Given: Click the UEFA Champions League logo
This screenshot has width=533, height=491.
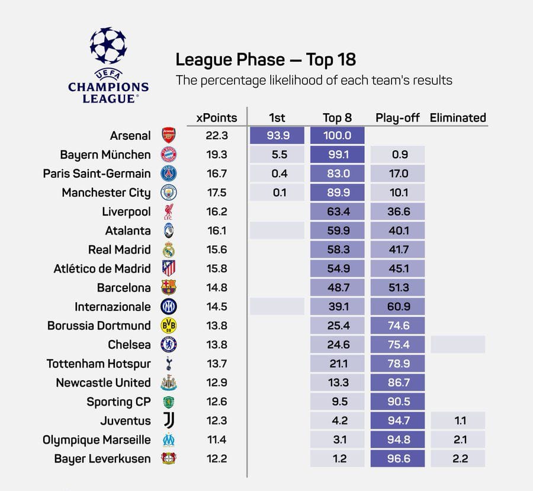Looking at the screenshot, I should (x=108, y=66).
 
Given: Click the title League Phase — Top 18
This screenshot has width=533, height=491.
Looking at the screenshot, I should (x=265, y=60).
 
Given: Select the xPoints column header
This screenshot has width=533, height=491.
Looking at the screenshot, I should (x=216, y=117).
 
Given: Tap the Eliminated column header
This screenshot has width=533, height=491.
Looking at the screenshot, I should (x=458, y=117).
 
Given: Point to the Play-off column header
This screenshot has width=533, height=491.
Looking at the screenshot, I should (x=397, y=117).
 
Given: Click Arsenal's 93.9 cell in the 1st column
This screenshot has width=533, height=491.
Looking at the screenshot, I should (x=277, y=136).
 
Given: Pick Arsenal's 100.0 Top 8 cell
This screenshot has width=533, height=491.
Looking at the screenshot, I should (x=337, y=136).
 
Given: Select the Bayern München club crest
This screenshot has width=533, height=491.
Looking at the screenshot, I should (x=169, y=155).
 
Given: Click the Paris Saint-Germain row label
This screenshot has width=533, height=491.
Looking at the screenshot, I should (x=97, y=174).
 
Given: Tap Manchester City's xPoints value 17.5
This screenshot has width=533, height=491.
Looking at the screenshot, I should (x=216, y=192).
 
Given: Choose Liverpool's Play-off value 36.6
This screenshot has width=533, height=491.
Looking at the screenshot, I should (x=397, y=211).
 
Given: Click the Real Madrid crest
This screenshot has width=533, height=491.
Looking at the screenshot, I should (x=169, y=249).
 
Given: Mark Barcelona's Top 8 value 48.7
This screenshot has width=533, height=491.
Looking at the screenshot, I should (x=337, y=287).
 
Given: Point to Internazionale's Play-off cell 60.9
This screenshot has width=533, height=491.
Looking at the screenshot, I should (x=397, y=307).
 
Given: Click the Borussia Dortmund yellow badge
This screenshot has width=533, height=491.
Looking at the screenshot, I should (x=169, y=326).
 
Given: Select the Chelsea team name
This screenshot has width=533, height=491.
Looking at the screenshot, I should (x=129, y=345).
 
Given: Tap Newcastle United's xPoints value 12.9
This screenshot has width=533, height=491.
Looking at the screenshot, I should (x=216, y=383).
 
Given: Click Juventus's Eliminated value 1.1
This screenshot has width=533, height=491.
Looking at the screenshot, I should (x=458, y=421).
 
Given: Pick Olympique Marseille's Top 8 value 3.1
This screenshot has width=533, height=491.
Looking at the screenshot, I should (x=337, y=439).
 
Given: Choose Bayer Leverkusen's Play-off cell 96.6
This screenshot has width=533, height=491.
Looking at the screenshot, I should (x=397, y=458).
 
